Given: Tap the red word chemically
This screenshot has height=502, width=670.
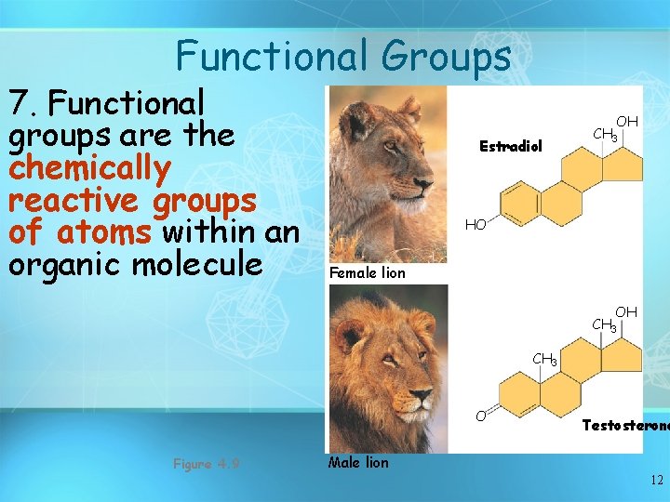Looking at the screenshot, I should (x=90, y=168).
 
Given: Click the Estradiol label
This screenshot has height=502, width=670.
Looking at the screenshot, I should (x=510, y=146).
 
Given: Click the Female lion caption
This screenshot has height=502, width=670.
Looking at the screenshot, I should (x=368, y=273).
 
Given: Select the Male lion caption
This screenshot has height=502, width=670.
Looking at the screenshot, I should (x=358, y=462).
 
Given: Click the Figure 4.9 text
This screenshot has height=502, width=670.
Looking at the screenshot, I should (x=206, y=463).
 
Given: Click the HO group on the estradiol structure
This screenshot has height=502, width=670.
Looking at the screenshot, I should (x=476, y=225).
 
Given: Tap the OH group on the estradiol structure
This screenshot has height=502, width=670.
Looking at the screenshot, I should (x=627, y=122).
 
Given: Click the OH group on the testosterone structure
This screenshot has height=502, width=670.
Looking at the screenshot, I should (x=625, y=312).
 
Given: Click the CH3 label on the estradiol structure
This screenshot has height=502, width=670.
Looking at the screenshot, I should (x=606, y=136).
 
